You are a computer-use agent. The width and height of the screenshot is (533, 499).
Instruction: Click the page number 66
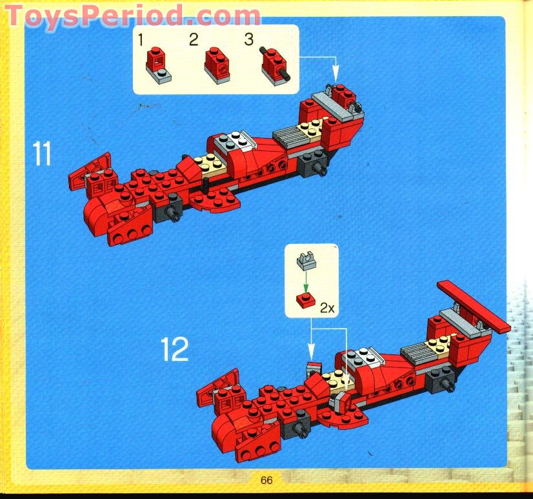266,480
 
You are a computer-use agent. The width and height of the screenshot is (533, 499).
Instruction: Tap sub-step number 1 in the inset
141,40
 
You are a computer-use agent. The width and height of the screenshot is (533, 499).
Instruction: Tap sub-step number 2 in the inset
193,40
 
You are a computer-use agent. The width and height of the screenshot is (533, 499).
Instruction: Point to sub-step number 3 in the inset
249,40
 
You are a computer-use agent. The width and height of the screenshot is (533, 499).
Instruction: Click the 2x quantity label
328,309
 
